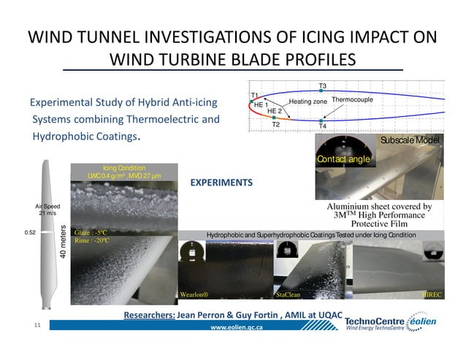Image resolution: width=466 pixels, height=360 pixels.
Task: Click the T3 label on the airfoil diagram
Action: (323, 86)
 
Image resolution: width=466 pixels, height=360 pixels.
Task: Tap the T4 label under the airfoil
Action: (323, 126)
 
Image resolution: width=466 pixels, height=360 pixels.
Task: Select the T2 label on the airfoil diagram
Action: (275, 125)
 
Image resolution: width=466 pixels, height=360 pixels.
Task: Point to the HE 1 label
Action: (259, 105)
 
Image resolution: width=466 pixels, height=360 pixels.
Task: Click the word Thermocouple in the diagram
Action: (353, 99)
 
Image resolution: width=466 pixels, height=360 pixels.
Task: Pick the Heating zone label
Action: (308, 102)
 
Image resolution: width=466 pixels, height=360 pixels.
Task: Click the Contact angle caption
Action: (344, 158)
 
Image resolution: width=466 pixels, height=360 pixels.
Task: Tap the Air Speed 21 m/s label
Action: (42, 210)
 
